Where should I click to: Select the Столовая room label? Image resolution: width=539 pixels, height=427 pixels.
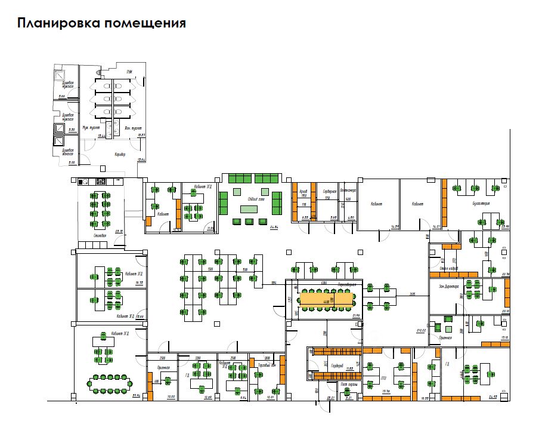click(x=100, y=236)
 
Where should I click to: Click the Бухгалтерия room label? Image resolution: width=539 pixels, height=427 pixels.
click(x=480, y=204)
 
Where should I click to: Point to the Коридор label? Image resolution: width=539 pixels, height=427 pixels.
click(x=120, y=154)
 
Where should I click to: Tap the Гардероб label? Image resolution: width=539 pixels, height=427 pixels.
click(x=333, y=365)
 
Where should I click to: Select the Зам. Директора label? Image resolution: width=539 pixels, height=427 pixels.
click(x=451, y=287)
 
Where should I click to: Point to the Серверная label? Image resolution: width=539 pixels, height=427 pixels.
click(x=330, y=191)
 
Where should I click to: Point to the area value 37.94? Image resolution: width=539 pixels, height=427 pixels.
click(x=135, y=395)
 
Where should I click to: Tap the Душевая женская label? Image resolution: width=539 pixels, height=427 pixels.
click(x=67, y=152)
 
